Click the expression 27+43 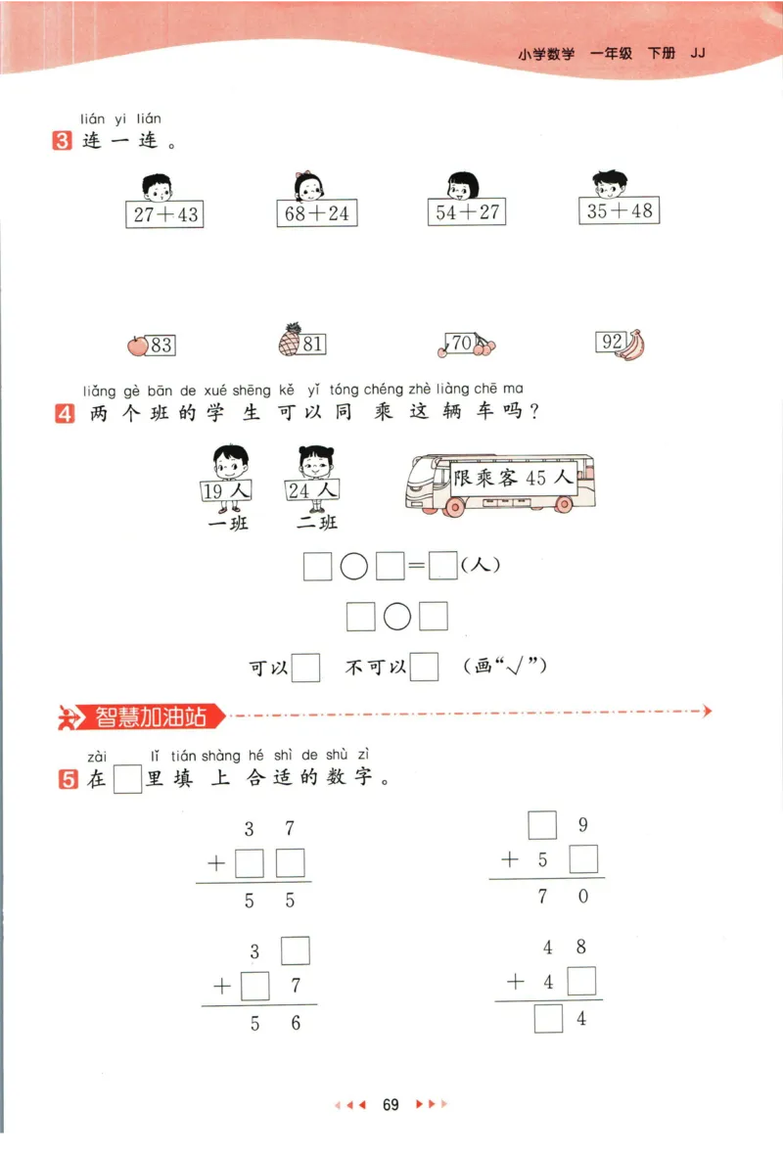tap(164, 214)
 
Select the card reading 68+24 tap(316, 212)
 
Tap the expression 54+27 tap(467, 211)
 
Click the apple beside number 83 tap(137, 345)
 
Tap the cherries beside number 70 tap(484, 345)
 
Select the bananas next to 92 tap(634, 345)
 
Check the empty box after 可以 tap(306, 668)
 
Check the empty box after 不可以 tap(424, 668)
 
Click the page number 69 tap(391, 1105)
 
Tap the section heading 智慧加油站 tap(152, 716)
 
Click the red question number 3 tap(63, 141)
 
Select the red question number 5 tap(68, 780)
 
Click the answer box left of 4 tap(549, 1020)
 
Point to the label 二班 tap(316, 523)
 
